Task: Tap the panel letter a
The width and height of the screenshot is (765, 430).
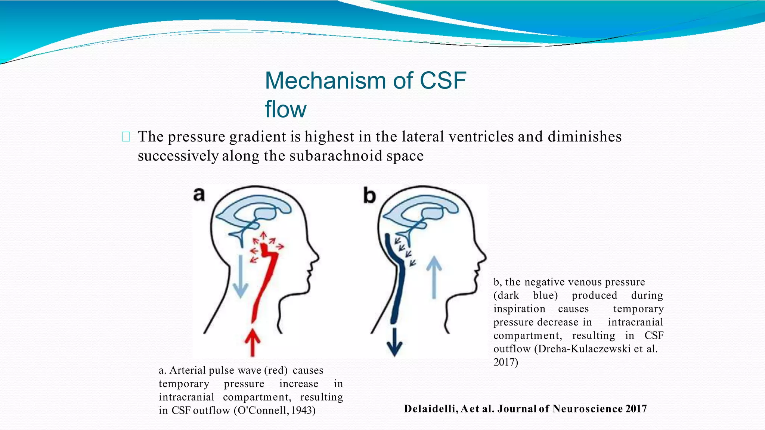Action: click(199, 194)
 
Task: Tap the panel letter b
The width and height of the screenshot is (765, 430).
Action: click(369, 196)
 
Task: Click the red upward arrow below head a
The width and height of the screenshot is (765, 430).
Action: click(253, 342)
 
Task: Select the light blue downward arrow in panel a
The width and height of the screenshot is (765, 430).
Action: click(240, 276)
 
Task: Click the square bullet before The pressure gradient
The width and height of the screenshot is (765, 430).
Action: click(126, 137)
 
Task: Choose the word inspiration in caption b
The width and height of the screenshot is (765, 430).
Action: click(519, 309)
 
